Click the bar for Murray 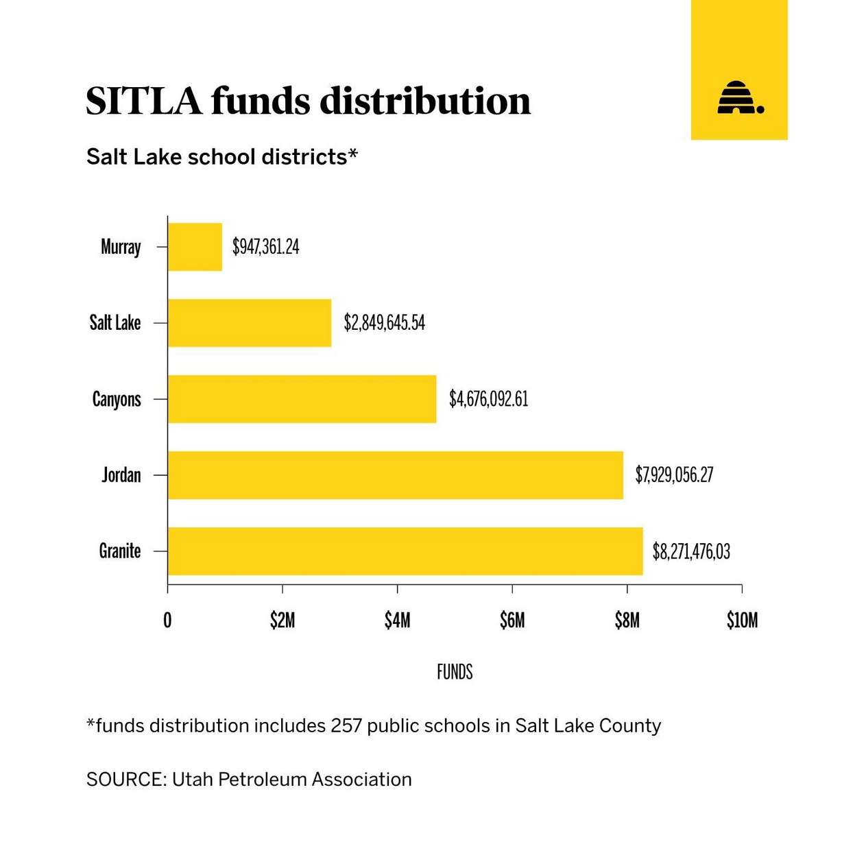[195, 247]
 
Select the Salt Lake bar [250, 323]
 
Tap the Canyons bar [302, 399]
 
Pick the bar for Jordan [395, 475]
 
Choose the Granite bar [405, 551]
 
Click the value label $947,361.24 [266, 247]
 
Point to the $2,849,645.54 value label [385, 323]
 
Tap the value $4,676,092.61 [489, 399]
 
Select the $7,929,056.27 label [674, 475]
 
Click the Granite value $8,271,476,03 [691, 551]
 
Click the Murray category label [121, 247]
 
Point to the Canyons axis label [117, 400]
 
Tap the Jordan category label [121, 475]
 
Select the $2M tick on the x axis [282, 621]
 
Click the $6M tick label [512, 621]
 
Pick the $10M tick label [742, 621]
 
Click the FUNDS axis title [455, 672]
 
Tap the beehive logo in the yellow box [739, 98]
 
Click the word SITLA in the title [144, 101]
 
